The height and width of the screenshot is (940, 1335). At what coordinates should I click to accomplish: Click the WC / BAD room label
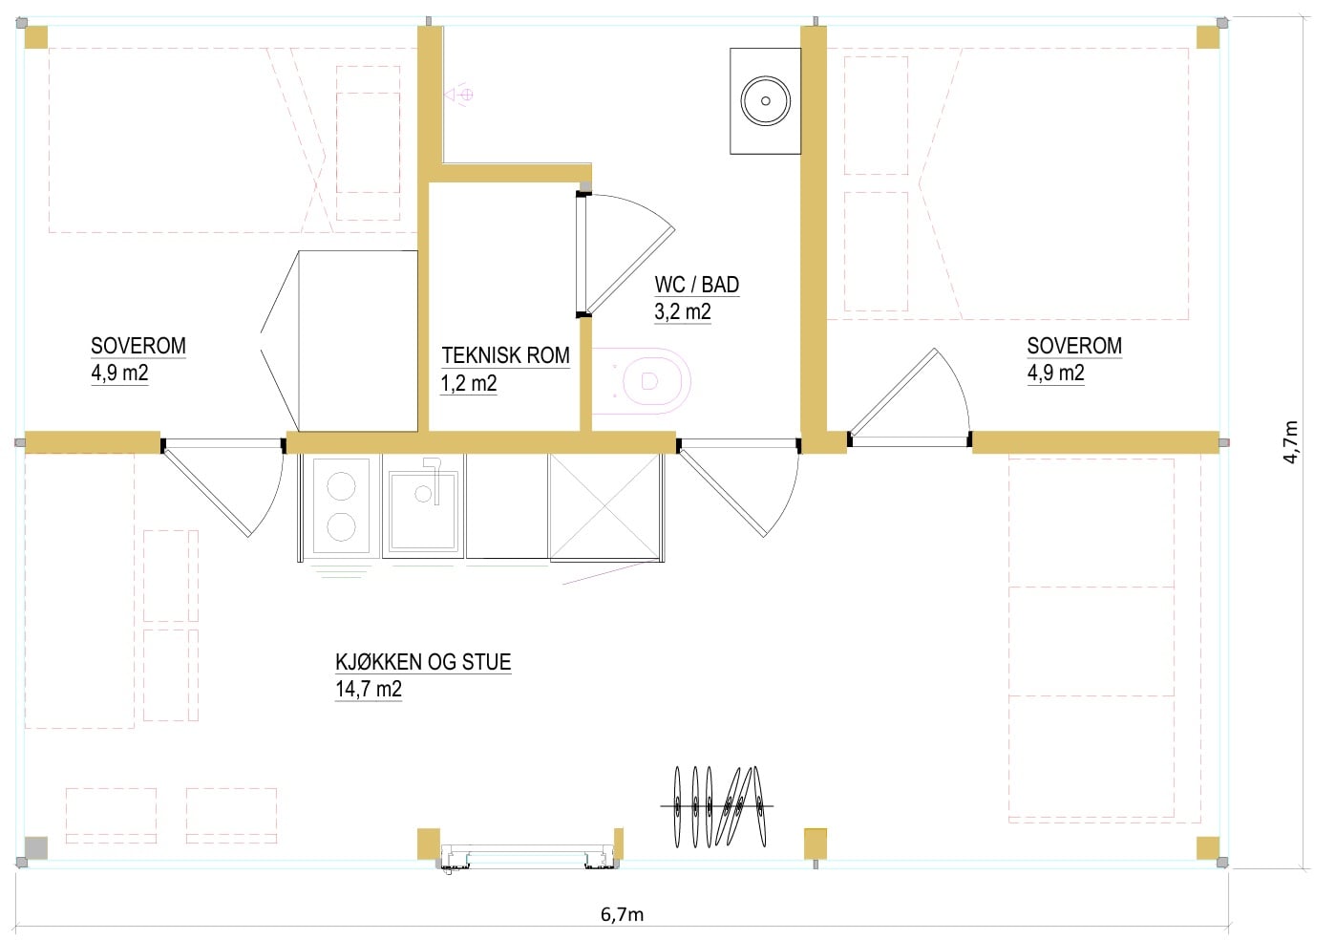tap(697, 285)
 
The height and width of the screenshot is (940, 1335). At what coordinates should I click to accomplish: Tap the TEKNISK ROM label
tap(505, 356)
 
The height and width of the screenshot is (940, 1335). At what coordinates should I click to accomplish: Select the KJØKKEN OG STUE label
tap(423, 662)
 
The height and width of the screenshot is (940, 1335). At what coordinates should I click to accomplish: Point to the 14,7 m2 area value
tap(369, 690)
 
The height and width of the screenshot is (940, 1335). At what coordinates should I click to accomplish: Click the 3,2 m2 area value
tap(683, 311)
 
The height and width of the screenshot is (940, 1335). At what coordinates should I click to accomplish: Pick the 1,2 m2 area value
tap(469, 383)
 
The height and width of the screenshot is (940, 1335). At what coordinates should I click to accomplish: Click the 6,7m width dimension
tap(622, 914)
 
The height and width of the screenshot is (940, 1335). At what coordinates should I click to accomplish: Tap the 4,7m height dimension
tap(1290, 441)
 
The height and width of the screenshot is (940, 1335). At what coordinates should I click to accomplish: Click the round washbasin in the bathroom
tap(765, 100)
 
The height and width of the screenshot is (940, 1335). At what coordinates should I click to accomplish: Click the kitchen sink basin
tap(423, 510)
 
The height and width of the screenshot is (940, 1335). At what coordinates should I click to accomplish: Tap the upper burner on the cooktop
tap(342, 486)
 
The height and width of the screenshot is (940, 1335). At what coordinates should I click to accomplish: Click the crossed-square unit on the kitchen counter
tap(604, 507)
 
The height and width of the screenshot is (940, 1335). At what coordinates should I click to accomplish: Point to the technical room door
tap(625, 254)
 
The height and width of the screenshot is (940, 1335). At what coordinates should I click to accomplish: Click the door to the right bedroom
tap(909, 397)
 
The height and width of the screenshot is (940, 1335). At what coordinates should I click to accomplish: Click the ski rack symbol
tap(717, 806)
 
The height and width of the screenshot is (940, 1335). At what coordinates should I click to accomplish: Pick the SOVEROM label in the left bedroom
tap(138, 347)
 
